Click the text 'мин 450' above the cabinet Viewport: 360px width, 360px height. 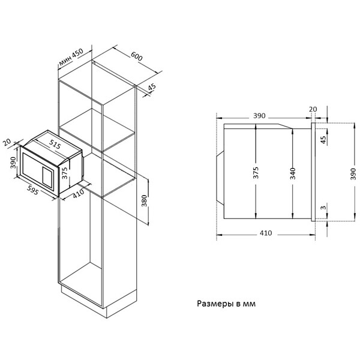[x=71, y=57]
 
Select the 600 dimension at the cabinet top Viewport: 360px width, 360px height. [x=137, y=56]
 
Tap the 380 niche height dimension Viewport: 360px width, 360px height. [x=144, y=200]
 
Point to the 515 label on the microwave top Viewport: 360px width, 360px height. [x=55, y=145]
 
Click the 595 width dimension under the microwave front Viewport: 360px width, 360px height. [x=32, y=190]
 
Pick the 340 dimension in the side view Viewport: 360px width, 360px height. [x=293, y=173]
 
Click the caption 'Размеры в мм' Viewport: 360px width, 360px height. [x=226, y=304]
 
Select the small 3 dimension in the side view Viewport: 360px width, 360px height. [x=323, y=208]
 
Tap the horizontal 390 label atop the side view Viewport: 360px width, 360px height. [x=259, y=116]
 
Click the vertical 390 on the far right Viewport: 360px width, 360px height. [x=353, y=174]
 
